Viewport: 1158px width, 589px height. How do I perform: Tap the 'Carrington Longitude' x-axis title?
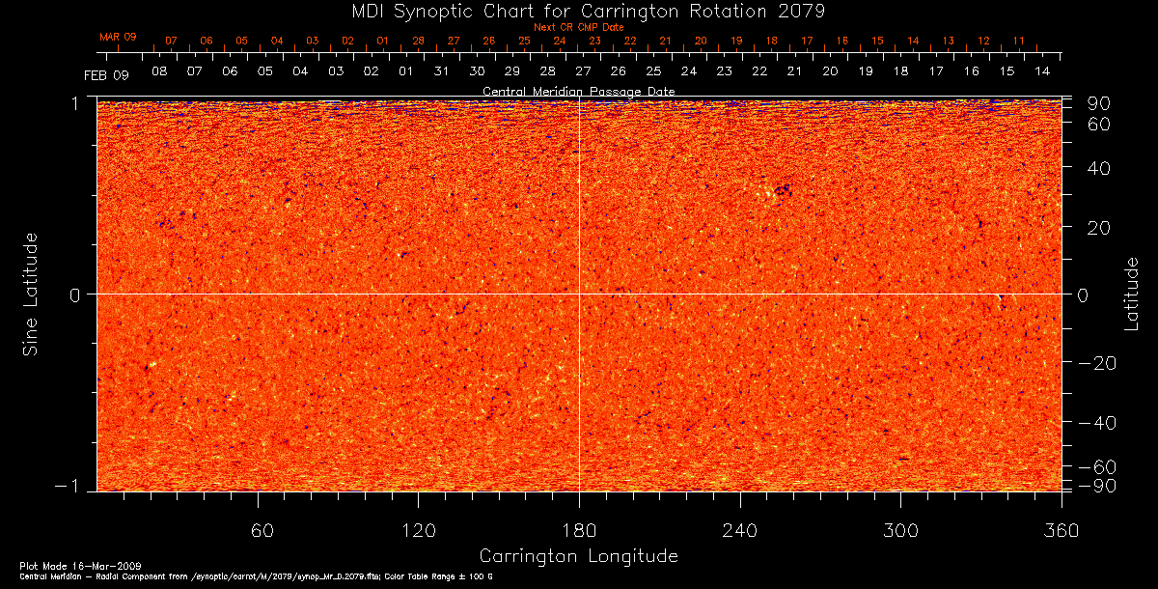(x=578, y=556)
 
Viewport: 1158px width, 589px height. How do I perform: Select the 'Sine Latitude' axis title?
(x=31, y=293)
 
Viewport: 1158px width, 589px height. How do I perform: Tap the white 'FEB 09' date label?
(x=105, y=74)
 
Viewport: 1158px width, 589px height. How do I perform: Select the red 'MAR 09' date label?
(x=118, y=37)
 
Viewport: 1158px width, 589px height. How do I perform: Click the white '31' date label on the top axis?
(x=442, y=72)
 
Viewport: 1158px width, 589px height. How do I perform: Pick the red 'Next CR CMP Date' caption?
(x=579, y=28)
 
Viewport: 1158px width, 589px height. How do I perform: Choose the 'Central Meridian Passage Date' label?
(x=578, y=91)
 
